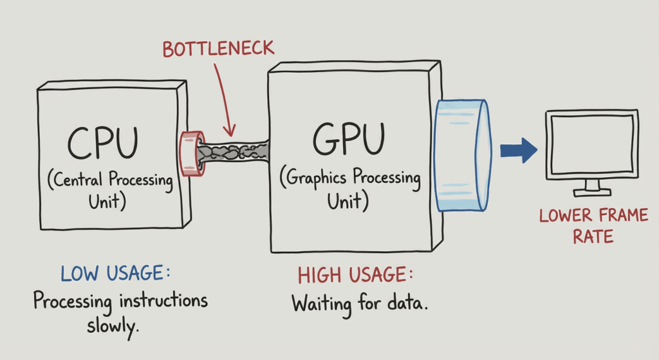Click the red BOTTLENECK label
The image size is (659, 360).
[218, 48]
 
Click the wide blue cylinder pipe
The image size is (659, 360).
[463, 155]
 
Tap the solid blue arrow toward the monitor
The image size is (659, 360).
[518, 150]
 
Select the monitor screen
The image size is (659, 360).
[591, 144]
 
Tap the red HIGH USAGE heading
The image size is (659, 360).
[355, 276]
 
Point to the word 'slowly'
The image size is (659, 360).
[113, 327]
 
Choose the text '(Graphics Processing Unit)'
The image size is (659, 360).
[350, 189]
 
